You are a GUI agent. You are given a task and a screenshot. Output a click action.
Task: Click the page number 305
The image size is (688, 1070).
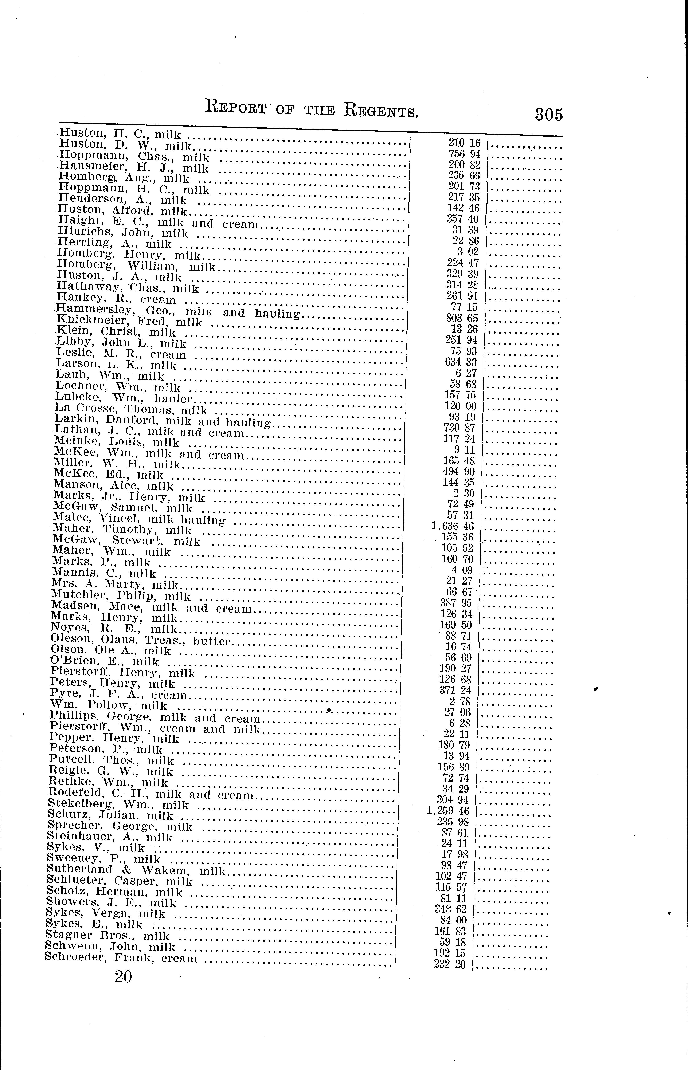click(549, 114)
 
